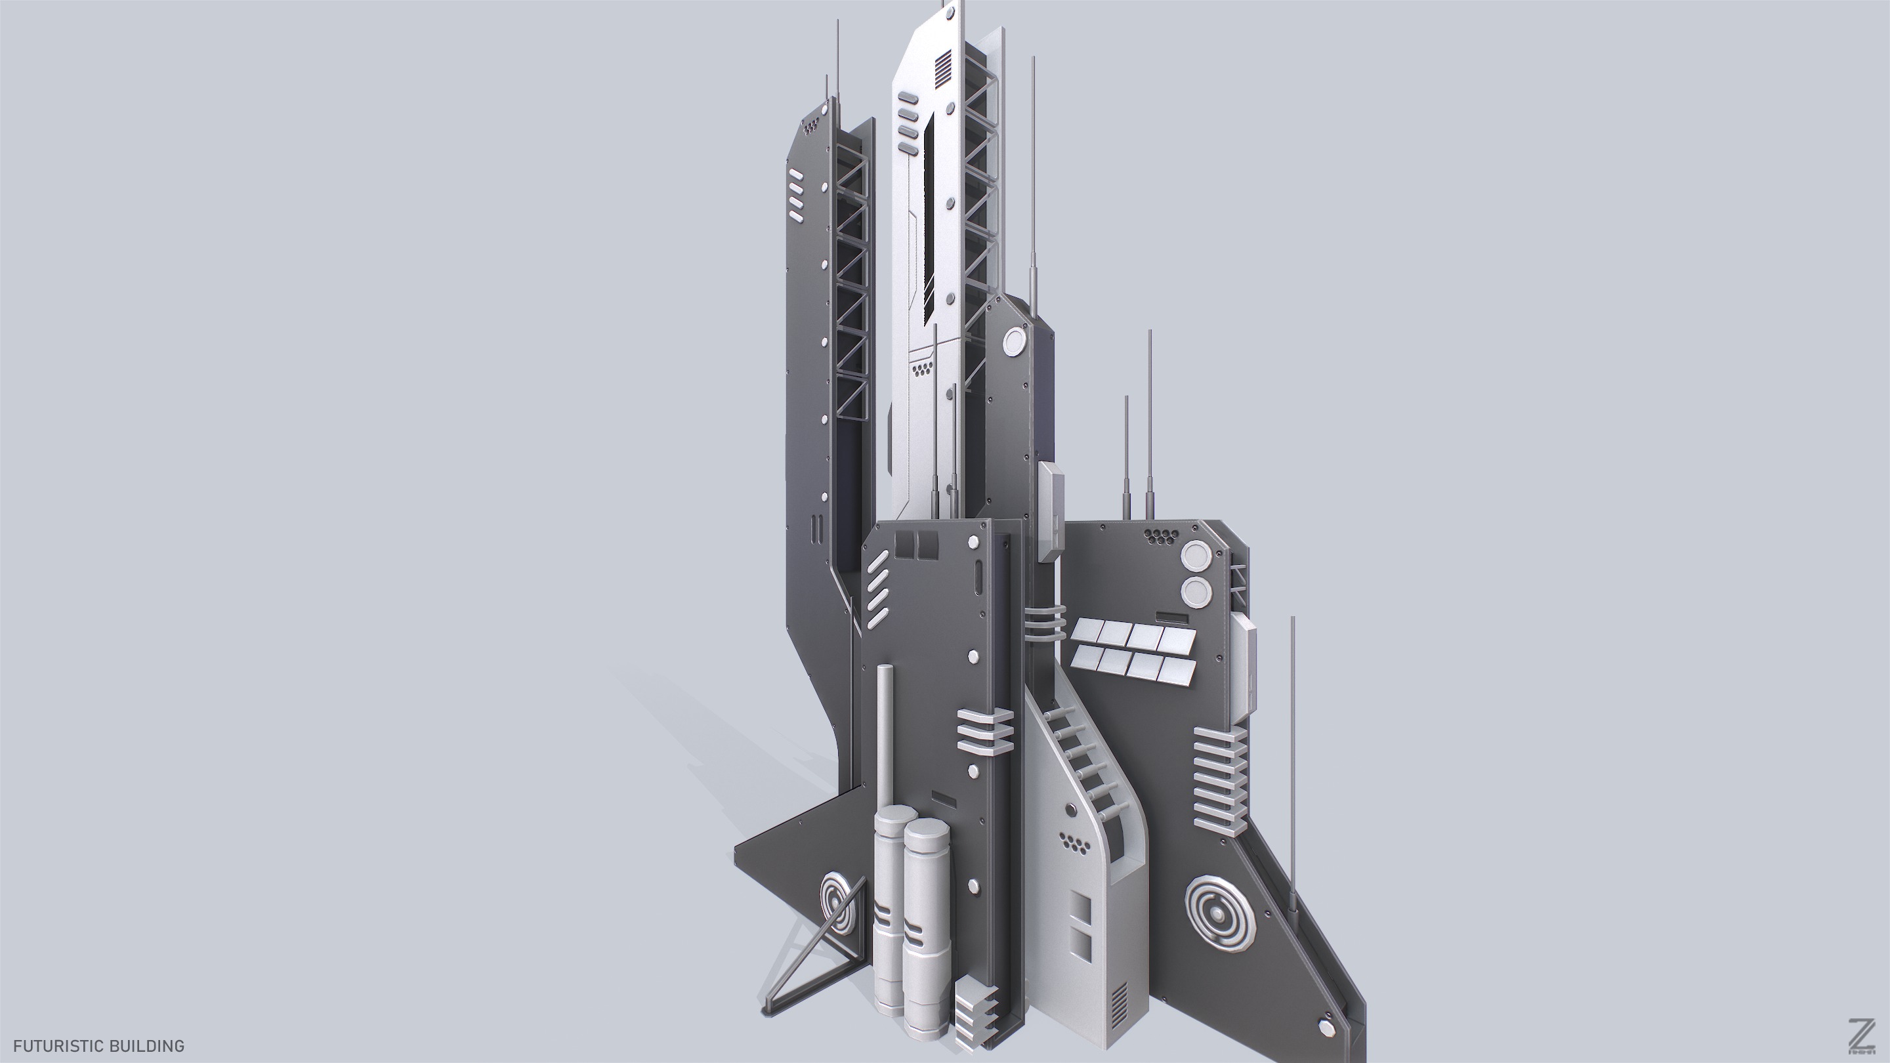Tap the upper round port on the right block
pyautogui.click(x=1195, y=556)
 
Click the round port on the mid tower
pyautogui.click(x=1015, y=340)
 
